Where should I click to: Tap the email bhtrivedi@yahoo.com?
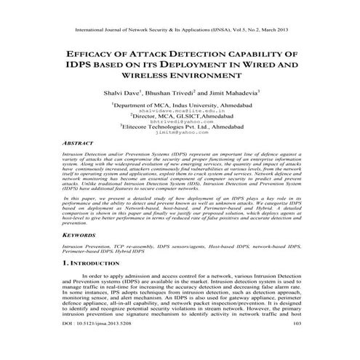coord(178,122)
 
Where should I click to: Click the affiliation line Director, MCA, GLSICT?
coord(180,116)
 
